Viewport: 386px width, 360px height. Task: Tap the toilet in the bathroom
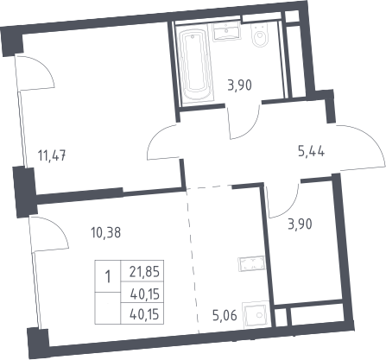260,35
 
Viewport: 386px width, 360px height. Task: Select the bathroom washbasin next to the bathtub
226,32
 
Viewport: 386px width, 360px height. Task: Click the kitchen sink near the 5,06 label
256,314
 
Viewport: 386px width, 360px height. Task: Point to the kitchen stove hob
251,263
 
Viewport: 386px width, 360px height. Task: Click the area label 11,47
52,156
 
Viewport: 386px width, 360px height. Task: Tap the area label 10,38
105,232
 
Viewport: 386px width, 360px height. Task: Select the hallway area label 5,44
311,151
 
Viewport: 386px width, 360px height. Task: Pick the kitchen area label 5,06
225,316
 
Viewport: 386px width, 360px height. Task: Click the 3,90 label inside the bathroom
239,85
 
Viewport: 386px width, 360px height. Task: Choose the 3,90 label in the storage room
300,224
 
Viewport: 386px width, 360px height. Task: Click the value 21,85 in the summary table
144,272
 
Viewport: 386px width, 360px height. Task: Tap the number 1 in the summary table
108,277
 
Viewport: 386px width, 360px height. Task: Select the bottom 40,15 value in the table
144,314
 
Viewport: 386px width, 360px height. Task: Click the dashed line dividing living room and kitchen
193,259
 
